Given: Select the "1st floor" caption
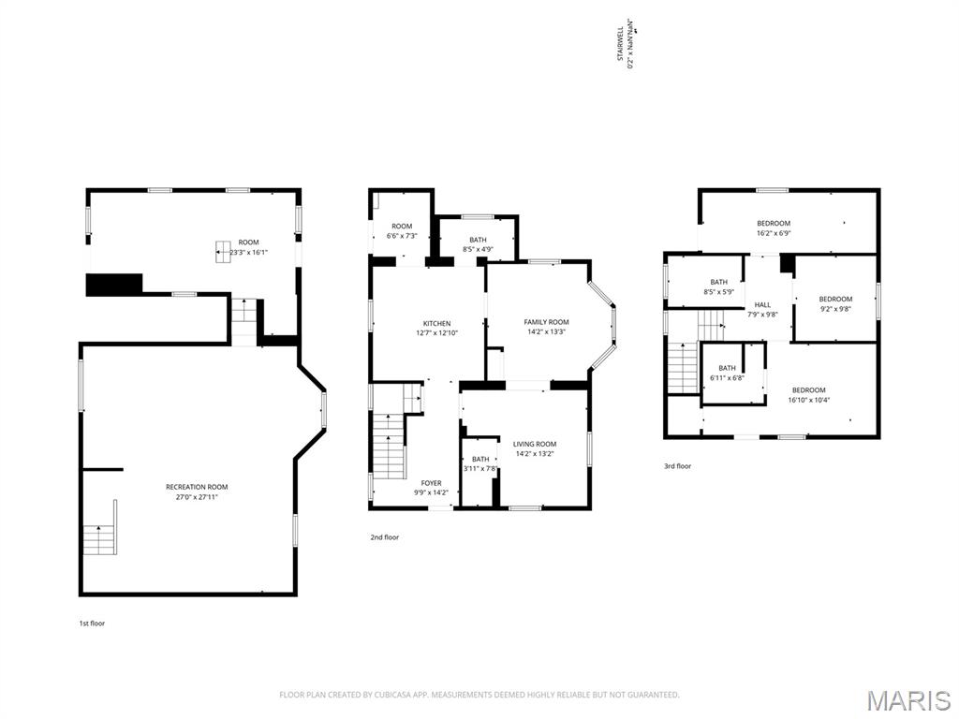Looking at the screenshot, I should tap(92, 623).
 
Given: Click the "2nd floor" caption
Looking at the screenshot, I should tap(384, 537).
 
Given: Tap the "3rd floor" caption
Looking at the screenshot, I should tap(677, 466).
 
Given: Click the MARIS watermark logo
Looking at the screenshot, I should tap(907, 700).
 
